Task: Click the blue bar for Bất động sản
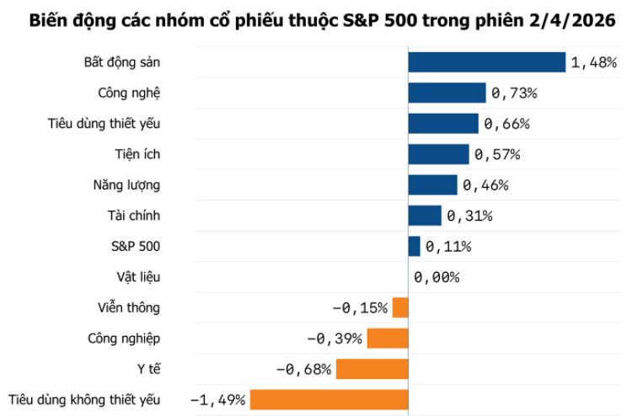486,62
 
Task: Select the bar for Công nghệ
447,93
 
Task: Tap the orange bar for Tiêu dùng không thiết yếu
329,400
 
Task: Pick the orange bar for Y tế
372,369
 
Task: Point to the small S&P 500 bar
414,246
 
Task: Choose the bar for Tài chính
425,216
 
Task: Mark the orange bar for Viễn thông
400,308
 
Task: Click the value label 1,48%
594,63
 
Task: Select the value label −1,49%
218,400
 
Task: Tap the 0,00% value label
437,277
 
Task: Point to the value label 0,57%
497,155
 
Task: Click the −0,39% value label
335,339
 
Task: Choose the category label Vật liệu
138,277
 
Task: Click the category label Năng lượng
126,184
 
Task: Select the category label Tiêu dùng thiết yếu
104,124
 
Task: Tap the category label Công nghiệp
124,339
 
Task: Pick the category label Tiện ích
137,154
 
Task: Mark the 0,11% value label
448,247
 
